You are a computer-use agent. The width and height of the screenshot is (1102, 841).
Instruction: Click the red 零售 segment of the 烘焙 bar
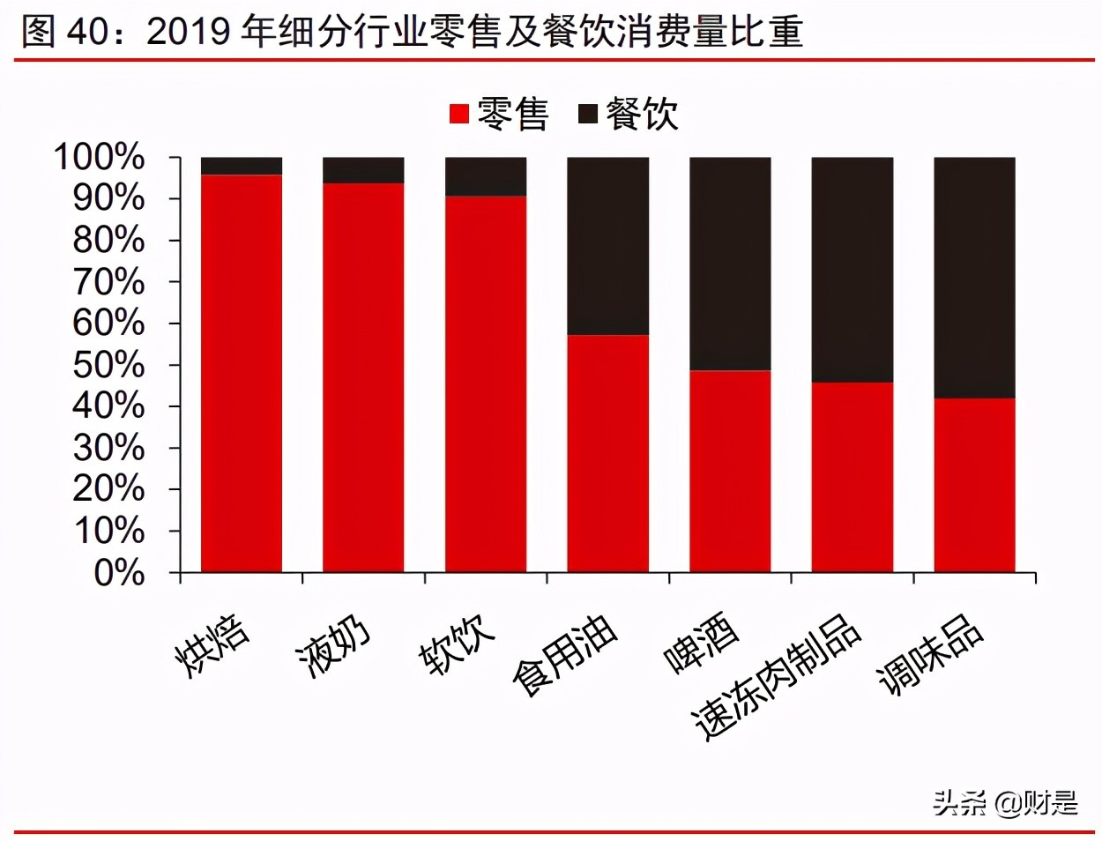(x=242, y=373)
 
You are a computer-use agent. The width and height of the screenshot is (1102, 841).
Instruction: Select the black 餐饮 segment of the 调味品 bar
(x=974, y=278)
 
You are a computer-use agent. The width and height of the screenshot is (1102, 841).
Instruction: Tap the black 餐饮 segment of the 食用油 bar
(x=607, y=246)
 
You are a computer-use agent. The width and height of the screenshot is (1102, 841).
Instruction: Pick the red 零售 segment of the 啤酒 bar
(x=730, y=471)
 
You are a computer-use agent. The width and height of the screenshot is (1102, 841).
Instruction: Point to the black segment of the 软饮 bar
(x=486, y=176)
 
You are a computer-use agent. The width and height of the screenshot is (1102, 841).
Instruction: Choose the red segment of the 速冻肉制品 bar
(x=852, y=477)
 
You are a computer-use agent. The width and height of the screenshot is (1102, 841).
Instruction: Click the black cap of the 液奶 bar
(x=363, y=170)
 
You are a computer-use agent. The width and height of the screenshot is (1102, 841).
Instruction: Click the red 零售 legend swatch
(x=458, y=114)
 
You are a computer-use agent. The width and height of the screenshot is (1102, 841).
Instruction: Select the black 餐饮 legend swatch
(x=587, y=114)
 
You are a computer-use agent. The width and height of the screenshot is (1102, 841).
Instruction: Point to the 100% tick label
(x=100, y=157)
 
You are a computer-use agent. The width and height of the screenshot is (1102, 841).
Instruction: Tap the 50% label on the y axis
(x=108, y=364)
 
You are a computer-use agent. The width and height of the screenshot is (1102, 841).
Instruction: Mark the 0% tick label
(x=119, y=573)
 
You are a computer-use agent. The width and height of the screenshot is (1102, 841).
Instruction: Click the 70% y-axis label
(x=108, y=281)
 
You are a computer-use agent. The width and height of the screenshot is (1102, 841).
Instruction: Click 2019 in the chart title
(x=190, y=32)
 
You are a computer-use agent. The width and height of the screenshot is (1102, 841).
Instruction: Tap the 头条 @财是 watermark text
(x=1005, y=802)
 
